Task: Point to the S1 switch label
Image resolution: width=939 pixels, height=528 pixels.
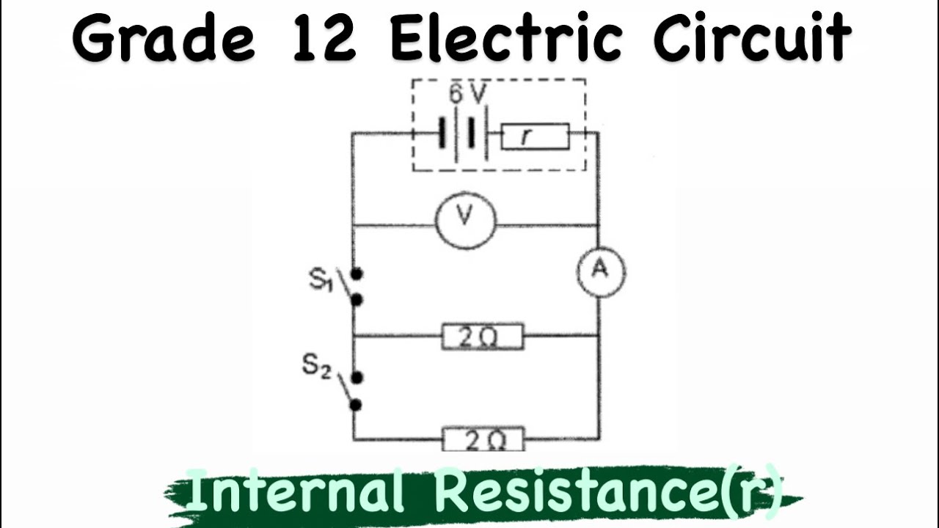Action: pos(321,279)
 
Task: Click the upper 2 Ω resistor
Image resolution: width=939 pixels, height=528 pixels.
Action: pos(483,336)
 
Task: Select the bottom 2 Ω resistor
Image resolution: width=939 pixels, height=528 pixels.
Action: pos(483,439)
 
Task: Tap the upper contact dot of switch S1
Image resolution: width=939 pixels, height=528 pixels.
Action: pos(357,274)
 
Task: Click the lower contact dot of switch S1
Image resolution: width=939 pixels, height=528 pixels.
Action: pos(357,300)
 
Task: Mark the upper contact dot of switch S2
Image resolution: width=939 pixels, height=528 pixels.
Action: pos(357,378)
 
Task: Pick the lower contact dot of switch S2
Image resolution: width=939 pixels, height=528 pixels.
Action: pos(357,405)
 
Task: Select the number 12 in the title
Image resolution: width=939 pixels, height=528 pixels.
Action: pos(325,39)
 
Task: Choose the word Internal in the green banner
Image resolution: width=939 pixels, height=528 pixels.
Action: pos(295,491)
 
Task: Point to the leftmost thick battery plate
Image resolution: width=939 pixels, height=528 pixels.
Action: pos(442,133)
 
